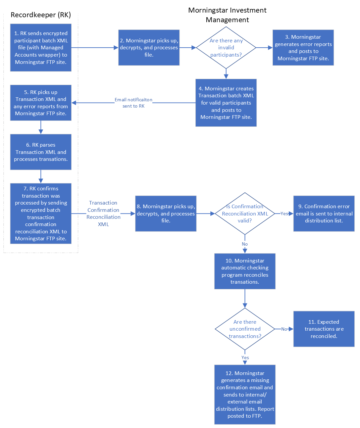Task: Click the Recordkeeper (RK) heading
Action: (41, 15)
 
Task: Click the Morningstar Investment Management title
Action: (227, 15)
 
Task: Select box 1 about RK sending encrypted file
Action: (41, 48)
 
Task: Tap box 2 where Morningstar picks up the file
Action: (149, 48)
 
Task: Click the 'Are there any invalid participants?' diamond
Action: (226, 48)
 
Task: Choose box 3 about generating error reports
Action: (303, 48)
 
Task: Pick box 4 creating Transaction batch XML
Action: (226, 103)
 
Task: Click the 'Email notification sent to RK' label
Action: (133, 103)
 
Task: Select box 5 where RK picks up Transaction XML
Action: (41, 103)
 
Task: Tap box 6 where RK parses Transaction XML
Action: (41, 152)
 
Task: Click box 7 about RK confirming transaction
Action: (41, 214)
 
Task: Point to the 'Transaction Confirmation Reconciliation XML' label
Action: (103, 214)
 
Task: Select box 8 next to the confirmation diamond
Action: (166, 214)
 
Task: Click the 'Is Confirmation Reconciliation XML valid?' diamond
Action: (245, 214)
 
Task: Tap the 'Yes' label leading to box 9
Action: (284, 214)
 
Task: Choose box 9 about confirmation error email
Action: (324, 214)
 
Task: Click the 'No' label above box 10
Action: (245, 244)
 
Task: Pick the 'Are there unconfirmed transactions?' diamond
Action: (245, 329)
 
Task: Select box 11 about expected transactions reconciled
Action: (324, 329)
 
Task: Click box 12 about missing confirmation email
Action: (245, 395)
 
